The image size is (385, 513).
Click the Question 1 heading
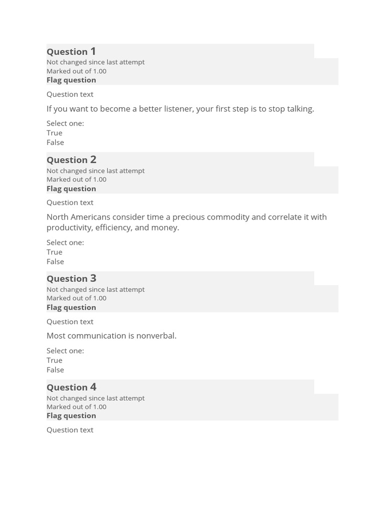[x=71, y=52]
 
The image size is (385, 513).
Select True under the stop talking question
[x=55, y=133]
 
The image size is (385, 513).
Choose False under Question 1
[x=55, y=142]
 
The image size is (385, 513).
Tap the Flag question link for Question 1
[x=71, y=80]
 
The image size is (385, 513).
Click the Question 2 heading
[x=71, y=160]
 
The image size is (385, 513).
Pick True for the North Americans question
[x=55, y=252]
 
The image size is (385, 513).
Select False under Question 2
[x=55, y=262]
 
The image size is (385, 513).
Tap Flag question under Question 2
[x=71, y=189]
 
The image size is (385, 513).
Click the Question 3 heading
[x=71, y=279]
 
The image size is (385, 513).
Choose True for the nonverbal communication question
[x=55, y=360]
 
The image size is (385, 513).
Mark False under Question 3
[x=55, y=370]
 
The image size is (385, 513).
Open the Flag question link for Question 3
[x=71, y=308]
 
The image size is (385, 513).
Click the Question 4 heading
[x=71, y=387]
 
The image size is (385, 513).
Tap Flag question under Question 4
[x=71, y=416]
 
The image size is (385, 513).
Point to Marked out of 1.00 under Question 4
[x=76, y=407]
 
